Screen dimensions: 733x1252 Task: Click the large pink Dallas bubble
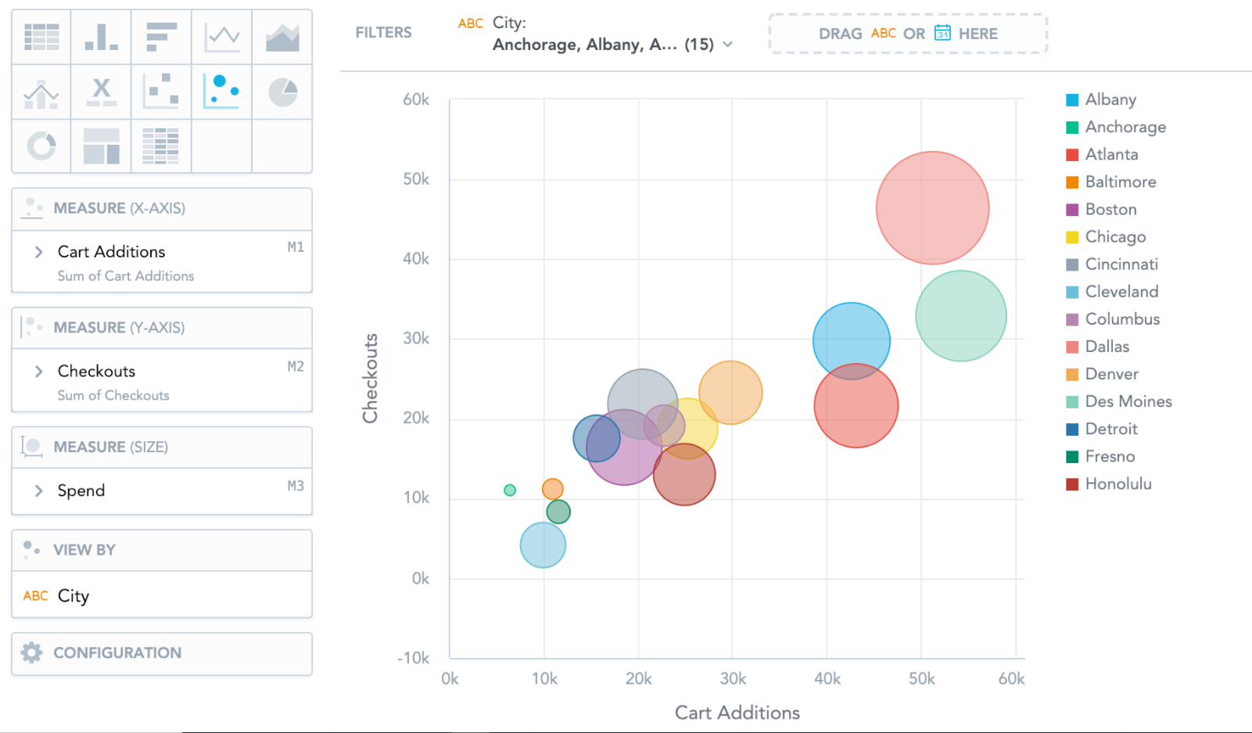[x=932, y=207]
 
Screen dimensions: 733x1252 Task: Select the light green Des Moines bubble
[x=960, y=316]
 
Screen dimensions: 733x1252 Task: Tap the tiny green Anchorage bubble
[x=510, y=490]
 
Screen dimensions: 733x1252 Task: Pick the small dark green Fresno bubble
[x=558, y=512]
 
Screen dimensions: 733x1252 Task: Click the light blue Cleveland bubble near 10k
[x=543, y=545]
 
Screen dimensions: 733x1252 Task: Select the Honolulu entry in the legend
[x=1117, y=484]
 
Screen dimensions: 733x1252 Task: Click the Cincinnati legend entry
[x=1121, y=264]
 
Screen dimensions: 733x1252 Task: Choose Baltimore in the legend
[x=1120, y=182]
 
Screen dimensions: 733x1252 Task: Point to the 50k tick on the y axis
[x=416, y=179]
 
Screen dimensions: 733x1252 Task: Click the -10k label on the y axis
[x=414, y=658]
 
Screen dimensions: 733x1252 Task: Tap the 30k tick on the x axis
[x=733, y=679]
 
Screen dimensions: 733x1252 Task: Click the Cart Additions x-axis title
[x=737, y=713]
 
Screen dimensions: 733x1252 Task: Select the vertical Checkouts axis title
[x=370, y=379]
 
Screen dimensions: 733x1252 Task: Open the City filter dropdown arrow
[x=728, y=45]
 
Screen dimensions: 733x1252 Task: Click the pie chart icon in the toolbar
[x=282, y=92]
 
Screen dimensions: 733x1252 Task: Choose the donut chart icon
[x=41, y=146]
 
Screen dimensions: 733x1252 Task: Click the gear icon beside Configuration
[x=32, y=652]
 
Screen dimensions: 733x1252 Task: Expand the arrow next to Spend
[x=38, y=490]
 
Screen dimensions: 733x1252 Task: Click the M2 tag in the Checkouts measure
[x=296, y=366]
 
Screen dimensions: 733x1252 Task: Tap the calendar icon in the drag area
[x=942, y=33]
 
